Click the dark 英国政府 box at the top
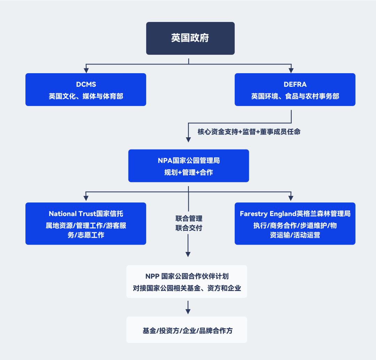coord(190,38)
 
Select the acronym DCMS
coord(86,84)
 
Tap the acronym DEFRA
coord(295,84)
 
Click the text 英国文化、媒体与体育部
coord(86,96)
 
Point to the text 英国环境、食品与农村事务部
coord(295,96)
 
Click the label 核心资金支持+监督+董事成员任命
coord(249,132)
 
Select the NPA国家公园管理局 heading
coord(188,161)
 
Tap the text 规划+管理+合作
coord(188,172)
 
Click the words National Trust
coord(72,214)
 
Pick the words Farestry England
coord(267,214)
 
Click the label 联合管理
coord(189,219)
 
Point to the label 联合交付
coord(189,228)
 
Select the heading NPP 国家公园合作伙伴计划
coord(187,276)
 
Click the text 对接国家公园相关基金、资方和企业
coord(187,288)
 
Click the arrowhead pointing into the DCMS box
coord(86,70)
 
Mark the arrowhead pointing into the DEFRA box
coord(291,70)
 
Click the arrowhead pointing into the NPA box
coord(188,139)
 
